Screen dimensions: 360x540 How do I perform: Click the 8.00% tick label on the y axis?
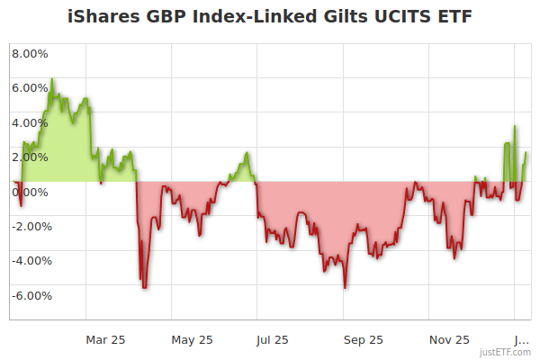click(30, 53)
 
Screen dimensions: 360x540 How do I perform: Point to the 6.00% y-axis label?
click(30, 88)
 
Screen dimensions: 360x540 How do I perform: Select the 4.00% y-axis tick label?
click(30, 122)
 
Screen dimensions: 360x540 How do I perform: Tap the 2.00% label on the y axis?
click(30, 157)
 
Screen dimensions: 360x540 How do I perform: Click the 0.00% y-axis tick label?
click(30, 192)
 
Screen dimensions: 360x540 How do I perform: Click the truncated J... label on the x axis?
click(521, 339)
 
